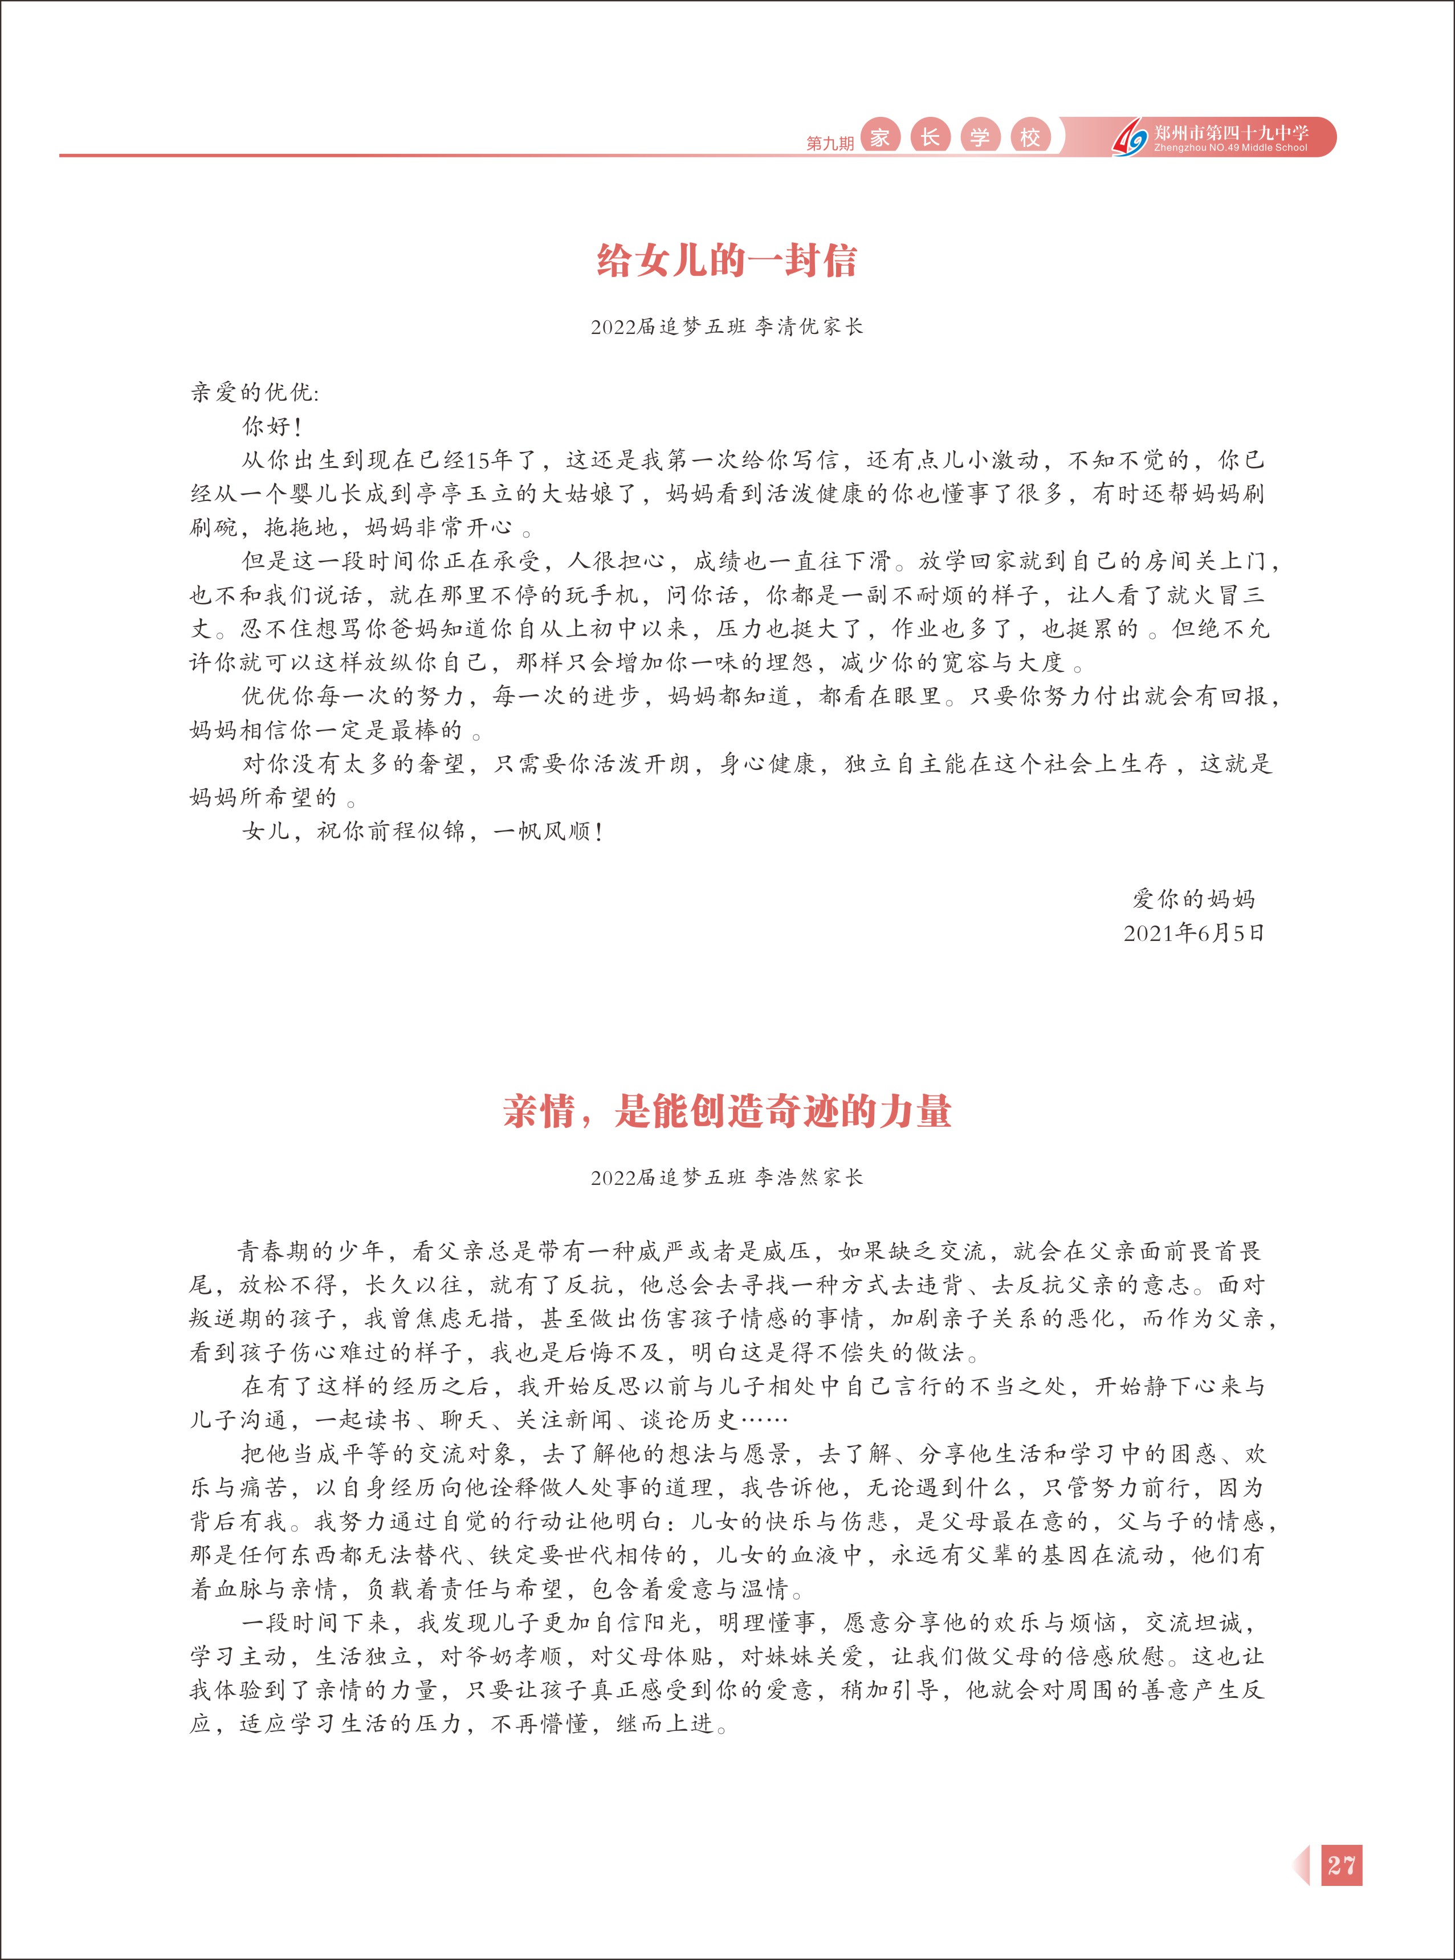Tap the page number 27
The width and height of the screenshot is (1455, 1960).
coord(1342,1865)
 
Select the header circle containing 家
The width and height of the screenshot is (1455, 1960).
coord(879,137)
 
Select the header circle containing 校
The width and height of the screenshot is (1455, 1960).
coord(1030,137)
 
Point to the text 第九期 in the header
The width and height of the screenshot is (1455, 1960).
coord(830,142)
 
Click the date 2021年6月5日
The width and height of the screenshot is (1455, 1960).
coord(1193,933)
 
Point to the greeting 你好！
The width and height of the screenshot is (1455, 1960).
coord(272,426)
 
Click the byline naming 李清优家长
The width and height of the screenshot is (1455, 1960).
coord(727,327)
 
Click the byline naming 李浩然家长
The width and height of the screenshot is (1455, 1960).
coord(727,1177)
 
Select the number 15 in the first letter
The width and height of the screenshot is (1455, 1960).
coord(478,460)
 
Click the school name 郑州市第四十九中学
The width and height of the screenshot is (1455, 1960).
coord(1230,132)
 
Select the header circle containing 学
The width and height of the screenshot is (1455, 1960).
coord(979,137)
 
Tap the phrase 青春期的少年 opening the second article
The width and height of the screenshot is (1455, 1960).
coord(310,1251)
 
